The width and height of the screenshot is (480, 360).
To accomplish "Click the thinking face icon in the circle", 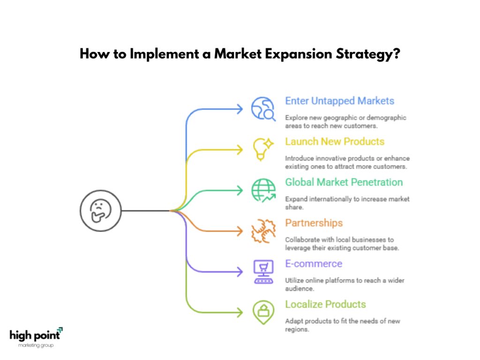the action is click(x=100, y=210).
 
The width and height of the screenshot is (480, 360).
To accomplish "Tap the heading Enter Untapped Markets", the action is click(x=339, y=101).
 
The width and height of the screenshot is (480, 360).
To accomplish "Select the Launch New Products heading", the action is click(x=335, y=142).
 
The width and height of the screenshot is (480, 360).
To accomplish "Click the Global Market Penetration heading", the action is click(x=344, y=182).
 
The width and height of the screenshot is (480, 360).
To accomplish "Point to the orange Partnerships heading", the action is click(x=314, y=223).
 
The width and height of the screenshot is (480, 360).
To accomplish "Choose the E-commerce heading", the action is click(x=314, y=263).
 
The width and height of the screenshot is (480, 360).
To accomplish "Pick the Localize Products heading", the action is click(x=325, y=304).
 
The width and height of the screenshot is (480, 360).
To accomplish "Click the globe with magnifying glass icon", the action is click(x=263, y=109).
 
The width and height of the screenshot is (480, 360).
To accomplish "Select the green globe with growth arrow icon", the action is click(x=263, y=190).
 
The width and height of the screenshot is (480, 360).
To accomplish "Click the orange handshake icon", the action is click(x=263, y=231).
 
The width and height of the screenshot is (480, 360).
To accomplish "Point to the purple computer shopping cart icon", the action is click(x=263, y=272).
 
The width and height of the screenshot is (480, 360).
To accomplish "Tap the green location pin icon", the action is click(x=263, y=313).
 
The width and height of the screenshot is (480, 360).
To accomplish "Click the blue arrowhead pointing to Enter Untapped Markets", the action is click(x=240, y=109).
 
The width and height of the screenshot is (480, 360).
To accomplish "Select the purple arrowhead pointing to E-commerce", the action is click(x=240, y=272).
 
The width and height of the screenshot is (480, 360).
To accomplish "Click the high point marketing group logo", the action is click(x=36, y=337).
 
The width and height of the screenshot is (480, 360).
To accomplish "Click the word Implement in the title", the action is click(x=165, y=54).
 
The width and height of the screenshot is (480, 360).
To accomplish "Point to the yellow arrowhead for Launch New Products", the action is click(x=240, y=150).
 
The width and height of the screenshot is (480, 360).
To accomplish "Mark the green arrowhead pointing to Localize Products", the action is click(x=240, y=313).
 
